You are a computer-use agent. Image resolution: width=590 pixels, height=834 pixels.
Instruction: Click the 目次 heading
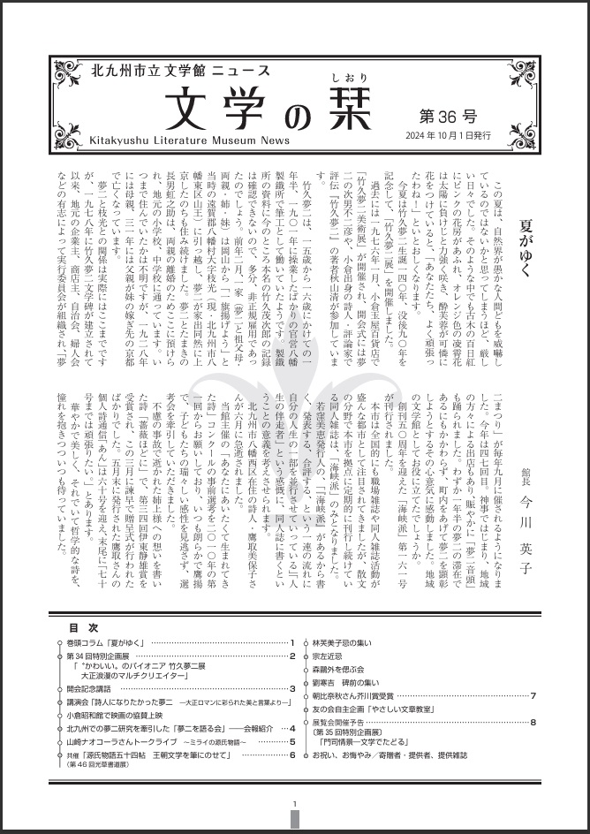tap(77, 627)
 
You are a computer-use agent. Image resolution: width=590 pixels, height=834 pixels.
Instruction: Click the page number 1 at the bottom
tap(294, 803)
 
